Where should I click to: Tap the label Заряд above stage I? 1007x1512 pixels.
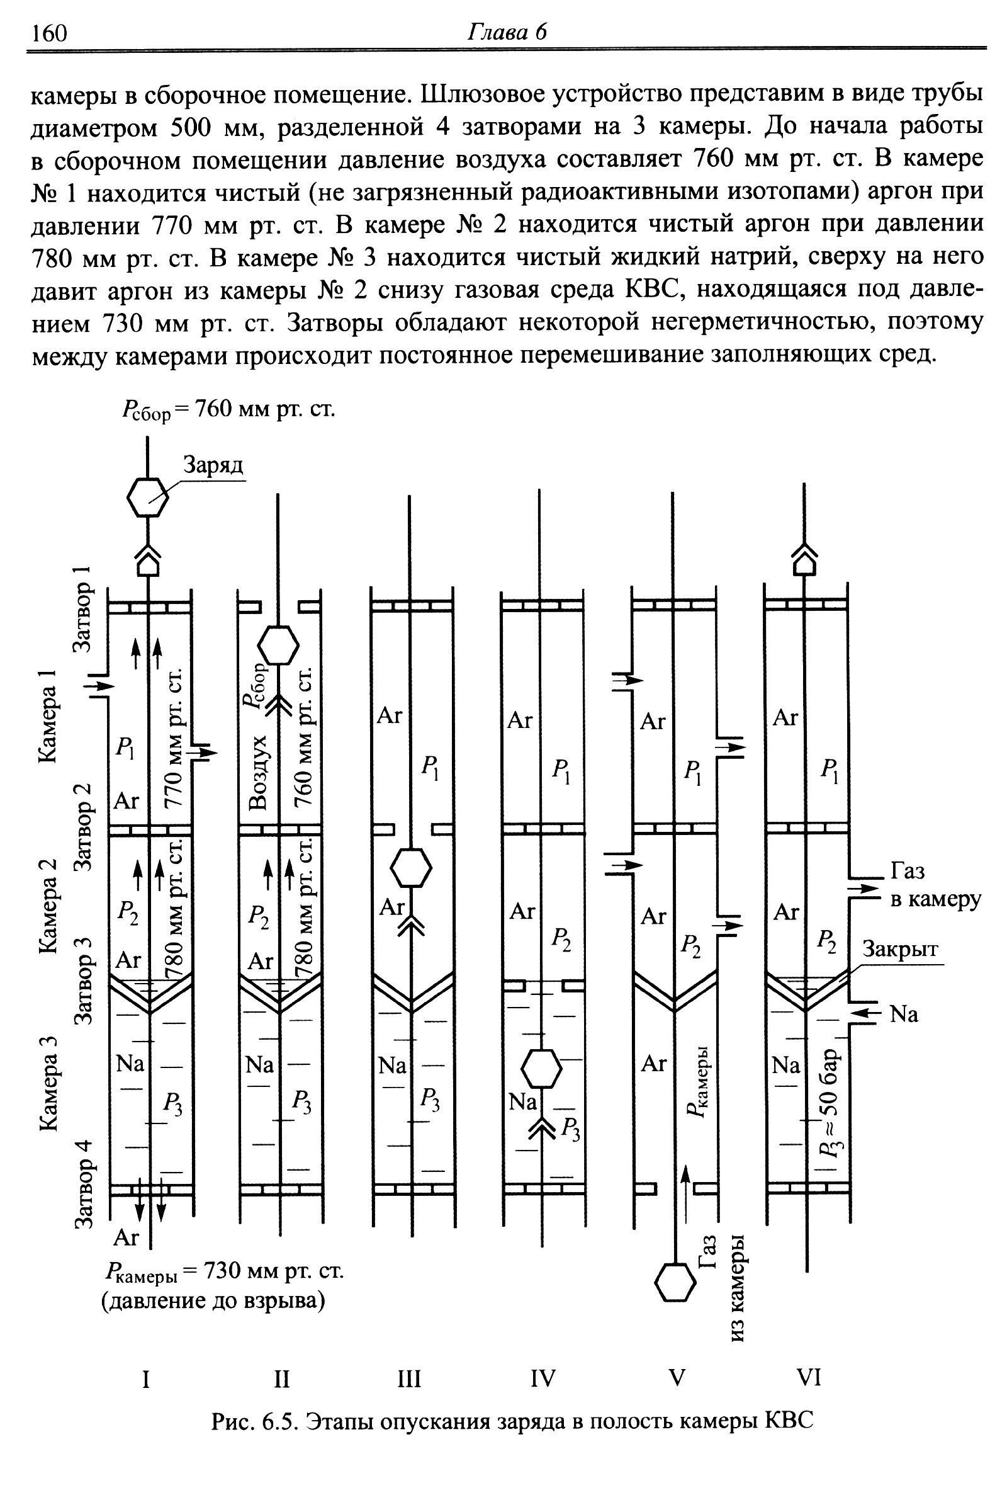pyautogui.click(x=214, y=464)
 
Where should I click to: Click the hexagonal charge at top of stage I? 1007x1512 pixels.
pyautogui.click(x=148, y=497)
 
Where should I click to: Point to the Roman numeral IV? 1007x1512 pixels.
pyautogui.click(x=543, y=1378)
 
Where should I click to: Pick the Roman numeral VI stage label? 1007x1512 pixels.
pyautogui.click(x=809, y=1378)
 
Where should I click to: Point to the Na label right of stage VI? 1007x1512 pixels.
pyautogui.click(x=904, y=1014)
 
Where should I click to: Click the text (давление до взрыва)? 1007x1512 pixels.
pyautogui.click(x=213, y=1301)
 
